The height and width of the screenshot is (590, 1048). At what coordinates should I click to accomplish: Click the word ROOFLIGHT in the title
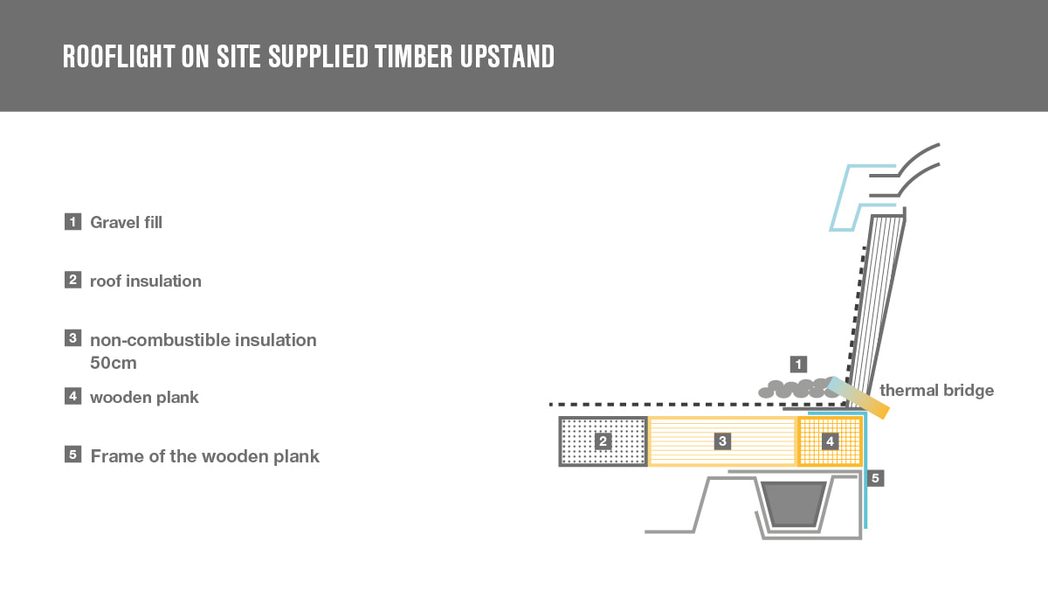point(119,57)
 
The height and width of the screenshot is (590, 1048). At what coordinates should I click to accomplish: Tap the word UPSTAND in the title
point(507,57)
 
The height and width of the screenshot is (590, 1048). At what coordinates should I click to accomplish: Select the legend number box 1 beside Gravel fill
point(73,221)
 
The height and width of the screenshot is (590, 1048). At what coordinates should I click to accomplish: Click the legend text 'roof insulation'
point(146,281)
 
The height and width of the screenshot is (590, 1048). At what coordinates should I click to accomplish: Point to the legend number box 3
point(73,338)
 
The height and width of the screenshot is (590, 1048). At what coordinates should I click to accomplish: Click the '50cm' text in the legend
point(114,363)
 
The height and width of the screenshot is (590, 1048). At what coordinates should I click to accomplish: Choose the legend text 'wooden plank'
point(144,398)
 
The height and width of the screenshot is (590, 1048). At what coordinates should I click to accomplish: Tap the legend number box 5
point(73,455)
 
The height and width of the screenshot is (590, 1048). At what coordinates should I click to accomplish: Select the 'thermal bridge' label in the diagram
point(936,390)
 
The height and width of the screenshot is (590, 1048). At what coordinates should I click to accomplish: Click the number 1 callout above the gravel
point(798,364)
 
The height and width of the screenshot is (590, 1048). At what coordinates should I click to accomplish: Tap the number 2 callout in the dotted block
point(603,441)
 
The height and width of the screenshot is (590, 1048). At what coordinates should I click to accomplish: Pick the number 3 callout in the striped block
point(722,441)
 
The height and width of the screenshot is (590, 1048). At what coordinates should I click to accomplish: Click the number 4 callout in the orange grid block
point(830,441)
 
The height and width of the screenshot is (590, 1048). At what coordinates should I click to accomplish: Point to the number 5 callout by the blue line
point(875,478)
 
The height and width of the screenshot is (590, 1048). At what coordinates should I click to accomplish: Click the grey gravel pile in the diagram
point(796,389)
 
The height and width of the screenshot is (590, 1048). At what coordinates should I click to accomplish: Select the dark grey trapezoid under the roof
point(794,503)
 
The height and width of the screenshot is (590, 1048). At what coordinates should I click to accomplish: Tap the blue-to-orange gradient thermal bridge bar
point(858,397)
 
